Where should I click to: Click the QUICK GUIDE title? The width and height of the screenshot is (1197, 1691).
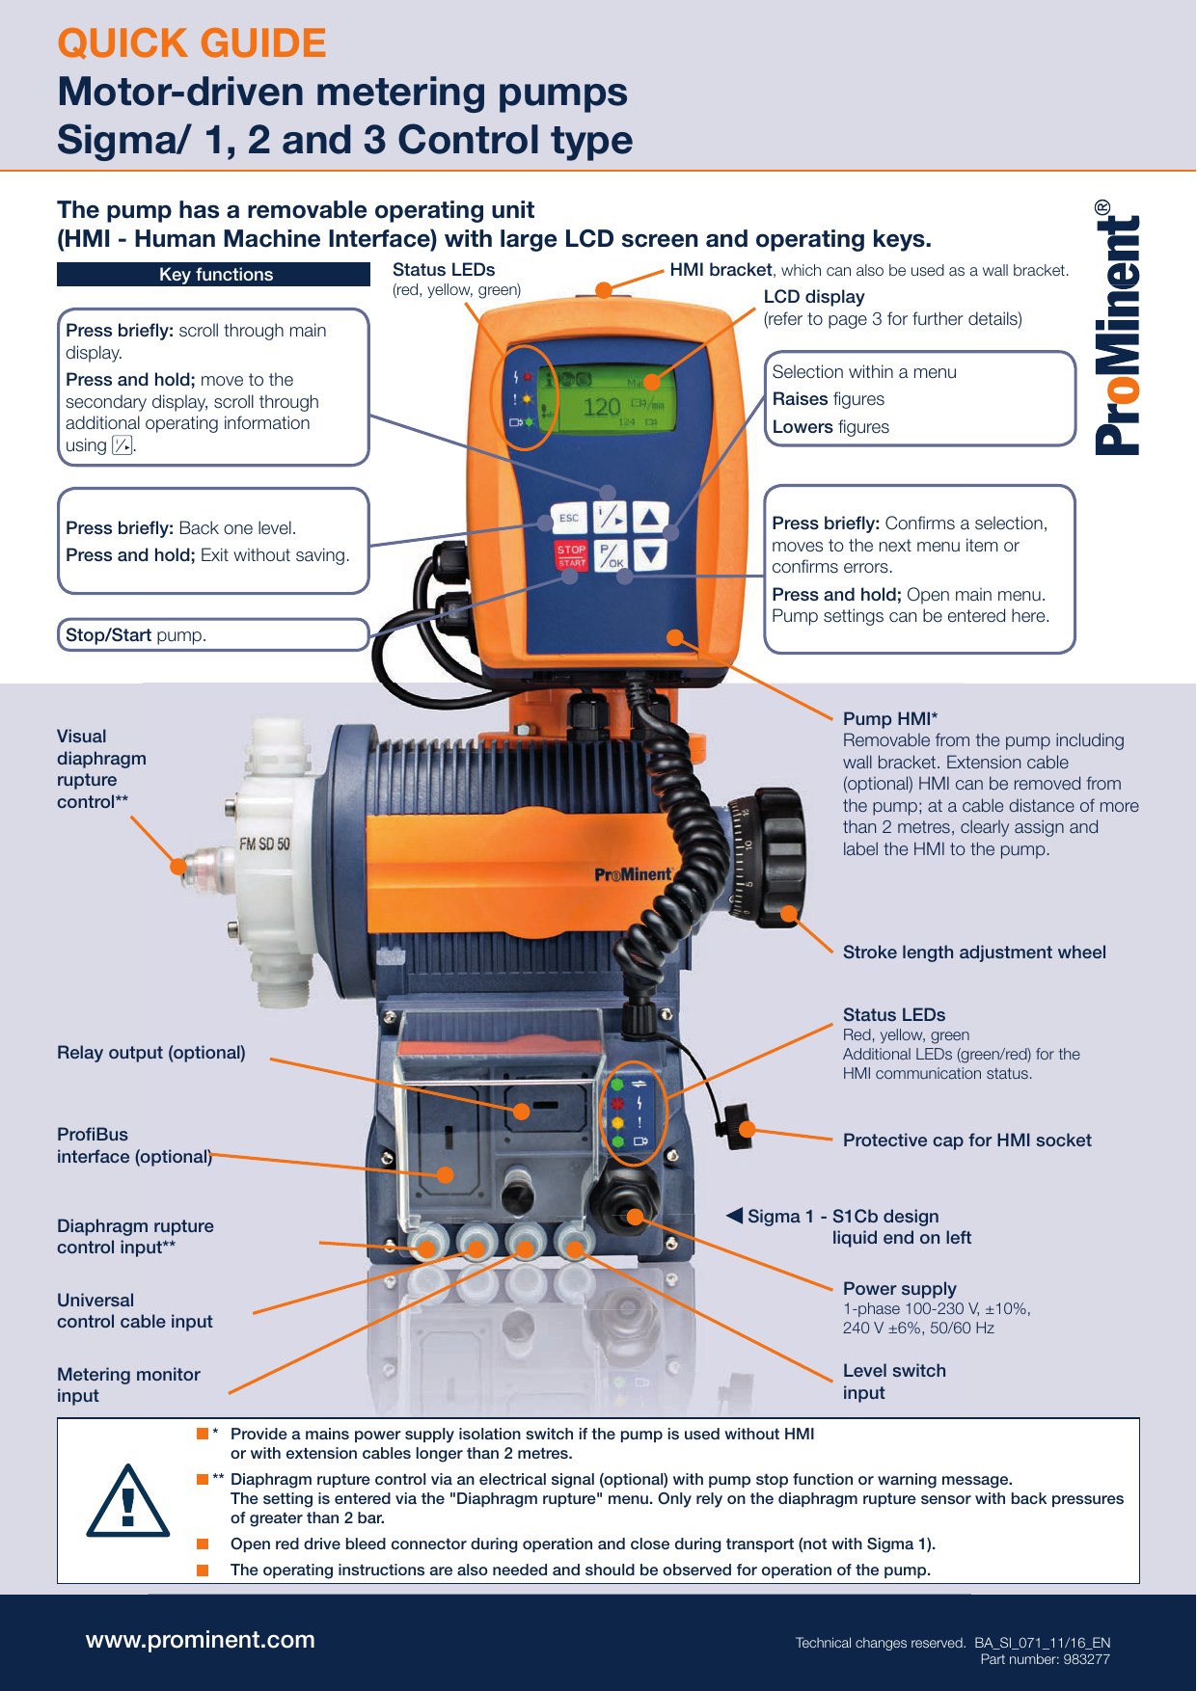click(192, 43)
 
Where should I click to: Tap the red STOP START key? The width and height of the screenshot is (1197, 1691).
click(571, 554)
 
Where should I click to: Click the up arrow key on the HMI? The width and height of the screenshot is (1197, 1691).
click(650, 517)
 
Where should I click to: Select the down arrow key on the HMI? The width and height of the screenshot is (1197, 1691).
click(650, 554)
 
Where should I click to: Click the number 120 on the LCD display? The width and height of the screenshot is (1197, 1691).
click(601, 407)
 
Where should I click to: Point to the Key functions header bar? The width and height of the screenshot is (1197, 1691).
click(214, 275)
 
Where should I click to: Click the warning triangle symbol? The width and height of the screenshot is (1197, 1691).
click(128, 1501)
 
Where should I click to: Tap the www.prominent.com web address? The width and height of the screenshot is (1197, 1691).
click(201, 1640)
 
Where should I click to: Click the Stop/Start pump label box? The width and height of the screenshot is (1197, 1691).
click(213, 635)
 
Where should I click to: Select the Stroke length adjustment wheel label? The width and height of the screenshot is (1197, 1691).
click(974, 953)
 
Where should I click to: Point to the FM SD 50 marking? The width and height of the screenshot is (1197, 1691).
click(264, 845)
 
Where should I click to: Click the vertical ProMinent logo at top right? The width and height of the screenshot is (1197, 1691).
click(1118, 328)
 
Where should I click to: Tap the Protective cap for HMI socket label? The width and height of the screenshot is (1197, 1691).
click(967, 1141)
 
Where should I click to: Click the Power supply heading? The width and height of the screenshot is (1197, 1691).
click(900, 1289)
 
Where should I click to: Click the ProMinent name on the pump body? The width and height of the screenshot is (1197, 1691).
click(633, 874)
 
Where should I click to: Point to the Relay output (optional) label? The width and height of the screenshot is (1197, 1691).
click(151, 1053)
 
